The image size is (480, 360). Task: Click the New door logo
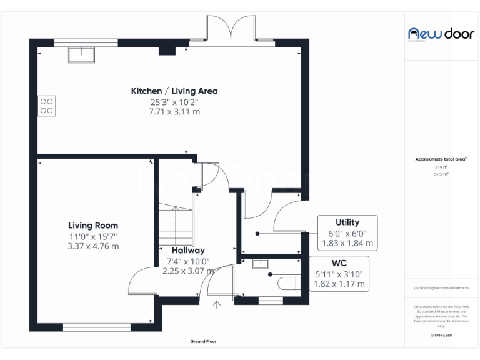pos(441,34)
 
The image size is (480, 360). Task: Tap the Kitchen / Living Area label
pos(174,91)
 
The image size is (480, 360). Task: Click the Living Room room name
pos(93,226)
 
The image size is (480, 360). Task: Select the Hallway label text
pos(188,251)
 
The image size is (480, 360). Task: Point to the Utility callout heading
pos(347,222)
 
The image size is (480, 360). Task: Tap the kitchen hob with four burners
pos(47,105)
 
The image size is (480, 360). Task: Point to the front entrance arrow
pos(217,305)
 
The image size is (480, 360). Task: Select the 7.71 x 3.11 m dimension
pos(174,112)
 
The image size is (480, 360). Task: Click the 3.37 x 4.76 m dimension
pos(93,246)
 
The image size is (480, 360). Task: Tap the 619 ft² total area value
pos(441,167)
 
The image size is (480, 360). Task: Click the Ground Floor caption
pos(207,342)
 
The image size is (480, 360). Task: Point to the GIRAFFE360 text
pos(441,336)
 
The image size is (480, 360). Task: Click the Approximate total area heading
pos(441,159)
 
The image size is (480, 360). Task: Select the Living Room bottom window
pos(96,326)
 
